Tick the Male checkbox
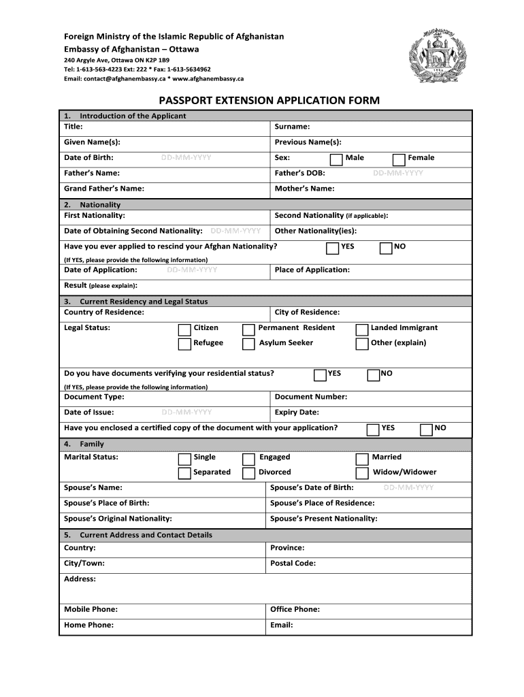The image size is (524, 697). click(x=336, y=159)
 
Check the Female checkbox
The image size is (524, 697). click(x=399, y=159)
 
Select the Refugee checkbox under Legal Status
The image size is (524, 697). click(x=184, y=344)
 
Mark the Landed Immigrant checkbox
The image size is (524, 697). click(x=362, y=329)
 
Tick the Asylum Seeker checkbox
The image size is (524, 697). click(x=249, y=344)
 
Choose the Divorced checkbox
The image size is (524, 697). click(x=249, y=473)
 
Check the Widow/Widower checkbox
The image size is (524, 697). click(x=362, y=473)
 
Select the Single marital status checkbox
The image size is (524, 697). click(x=184, y=459)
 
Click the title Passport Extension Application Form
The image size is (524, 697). click(x=269, y=101)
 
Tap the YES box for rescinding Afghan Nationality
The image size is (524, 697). click(x=332, y=248)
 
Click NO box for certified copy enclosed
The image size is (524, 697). click(x=427, y=429)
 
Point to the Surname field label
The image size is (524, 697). click(x=292, y=127)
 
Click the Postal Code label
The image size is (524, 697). click(x=293, y=564)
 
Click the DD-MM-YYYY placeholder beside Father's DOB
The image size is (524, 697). click(x=398, y=174)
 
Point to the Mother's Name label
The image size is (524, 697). click(x=304, y=189)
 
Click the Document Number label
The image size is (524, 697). click(x=310, y=397)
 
